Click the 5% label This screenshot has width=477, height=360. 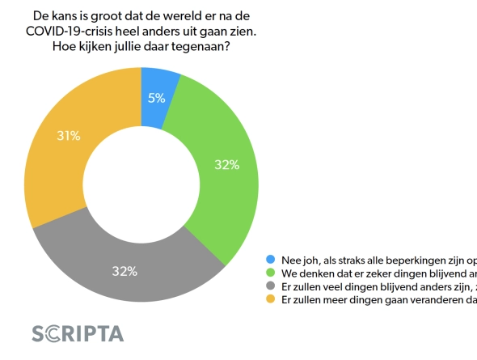(156, 98)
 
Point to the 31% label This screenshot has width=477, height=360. (68, 136)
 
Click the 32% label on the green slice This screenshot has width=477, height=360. (226, 164)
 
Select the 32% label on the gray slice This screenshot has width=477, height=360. (124, 271)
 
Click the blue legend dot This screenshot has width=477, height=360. (271, 260)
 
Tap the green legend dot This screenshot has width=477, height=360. (271, 273)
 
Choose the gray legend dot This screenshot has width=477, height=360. (271, 287)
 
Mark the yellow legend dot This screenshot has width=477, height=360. (271, 300)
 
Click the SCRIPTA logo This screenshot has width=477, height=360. (78, 333)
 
